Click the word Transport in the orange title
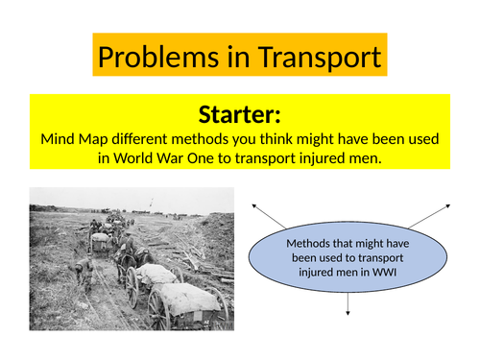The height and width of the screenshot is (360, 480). coord(317,57)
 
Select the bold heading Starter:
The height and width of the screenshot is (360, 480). coord(240,115)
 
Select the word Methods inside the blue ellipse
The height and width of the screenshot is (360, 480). coord(309,243)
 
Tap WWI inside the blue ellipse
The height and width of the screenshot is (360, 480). coord(387,274)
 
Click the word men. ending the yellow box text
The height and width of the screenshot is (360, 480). coord(365,157)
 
